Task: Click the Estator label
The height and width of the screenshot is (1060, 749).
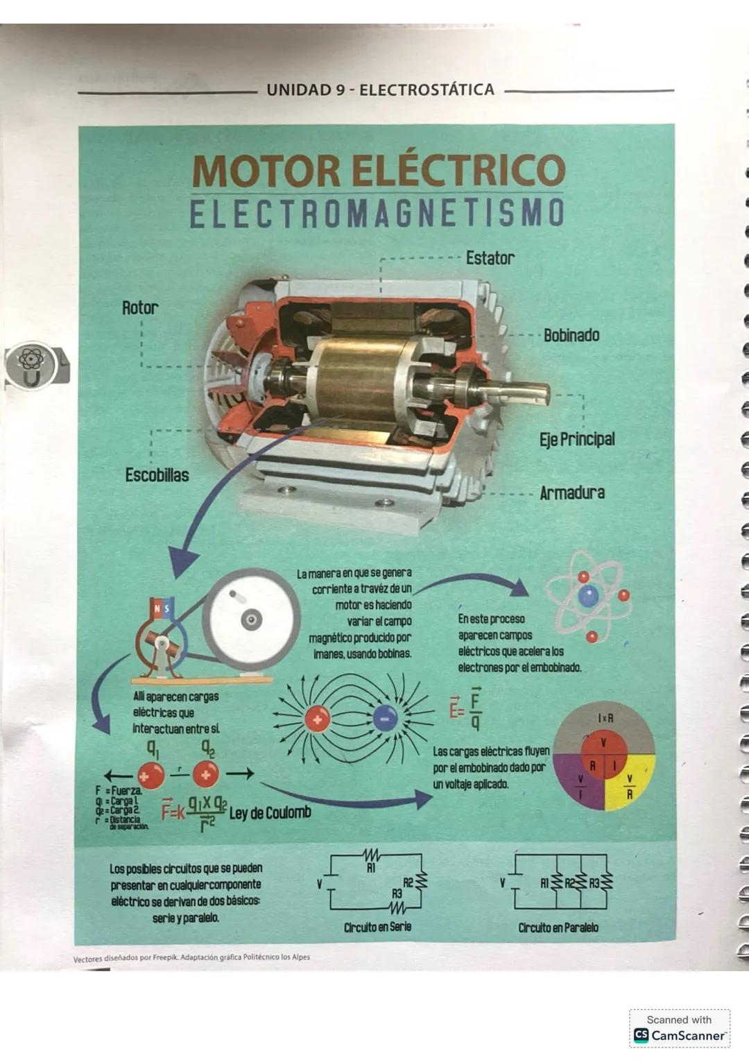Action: (490, 258)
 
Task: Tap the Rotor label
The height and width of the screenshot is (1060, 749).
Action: (140, 308)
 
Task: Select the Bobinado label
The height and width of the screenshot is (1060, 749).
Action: (571, 335)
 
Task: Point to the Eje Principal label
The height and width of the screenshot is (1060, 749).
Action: (577, 439)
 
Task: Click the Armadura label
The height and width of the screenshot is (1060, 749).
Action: (572, 493)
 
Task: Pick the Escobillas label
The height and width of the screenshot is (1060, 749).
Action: (157, 475)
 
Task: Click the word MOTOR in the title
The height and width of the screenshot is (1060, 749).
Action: (266, 171)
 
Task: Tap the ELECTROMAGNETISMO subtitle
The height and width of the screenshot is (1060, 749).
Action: (377, 214)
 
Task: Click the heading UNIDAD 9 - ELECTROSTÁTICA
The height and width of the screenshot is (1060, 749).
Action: (380, 89)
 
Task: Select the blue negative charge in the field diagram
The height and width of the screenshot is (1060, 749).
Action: (385, 719)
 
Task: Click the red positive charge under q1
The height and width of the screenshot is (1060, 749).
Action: (150, 775)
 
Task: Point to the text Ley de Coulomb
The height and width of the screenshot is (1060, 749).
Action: (270, 812)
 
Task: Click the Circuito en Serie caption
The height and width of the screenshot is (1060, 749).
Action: (377, 927)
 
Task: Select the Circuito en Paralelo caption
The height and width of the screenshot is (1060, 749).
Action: (558, 927)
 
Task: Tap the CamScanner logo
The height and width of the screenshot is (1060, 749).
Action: (680, 1035)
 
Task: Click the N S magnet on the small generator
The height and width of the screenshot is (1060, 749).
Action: (161, 608)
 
